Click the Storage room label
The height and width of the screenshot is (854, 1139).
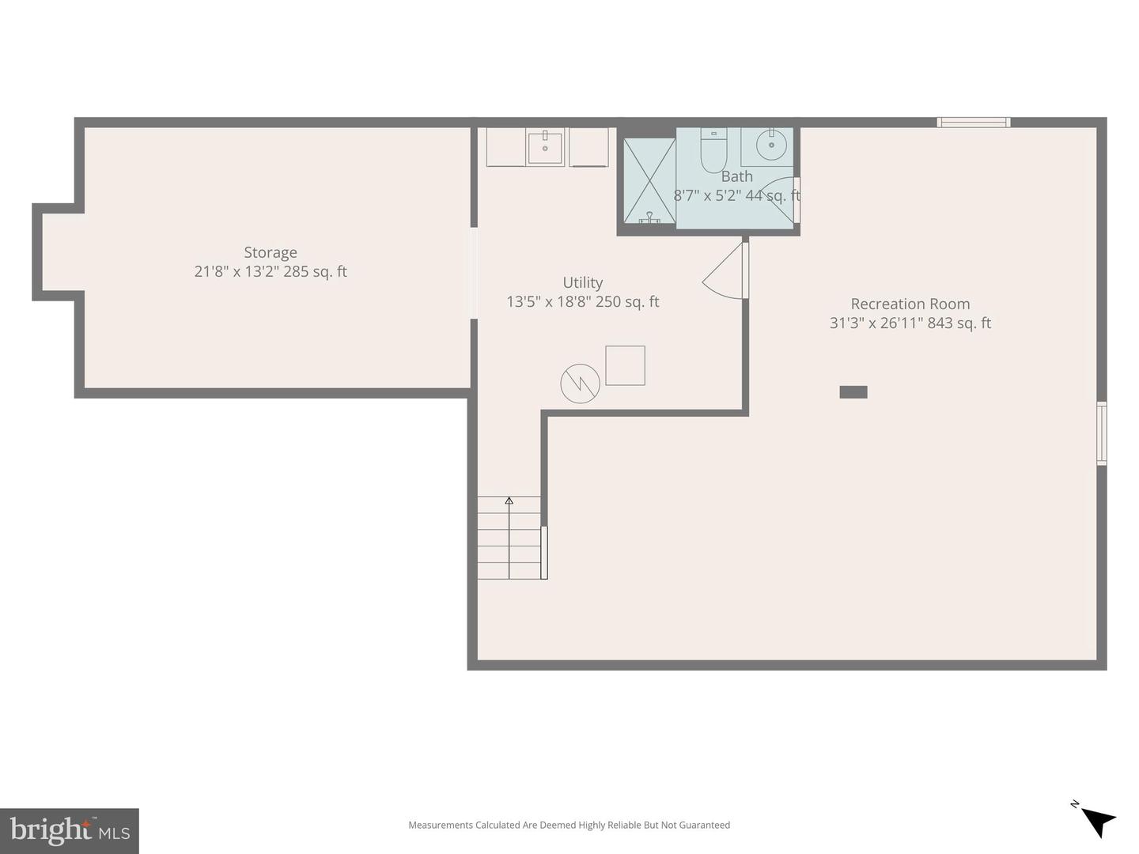pos(271,252)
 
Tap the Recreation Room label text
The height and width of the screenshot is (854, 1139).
pos(910,304)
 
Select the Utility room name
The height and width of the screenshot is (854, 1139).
pos(582,282)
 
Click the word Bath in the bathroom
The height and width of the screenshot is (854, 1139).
pos(736,176)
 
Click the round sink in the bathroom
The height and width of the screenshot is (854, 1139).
pos(770,145)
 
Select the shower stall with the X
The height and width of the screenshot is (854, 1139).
pos(649,181)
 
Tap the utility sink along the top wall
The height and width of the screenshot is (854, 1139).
pos(545,147)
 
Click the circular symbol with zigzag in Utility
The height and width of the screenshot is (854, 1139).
pos(580,384)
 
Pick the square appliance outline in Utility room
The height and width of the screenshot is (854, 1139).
pos(625,365)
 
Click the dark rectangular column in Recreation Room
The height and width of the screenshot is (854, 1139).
pos(853,391)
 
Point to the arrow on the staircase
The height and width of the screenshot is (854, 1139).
pos(509,501)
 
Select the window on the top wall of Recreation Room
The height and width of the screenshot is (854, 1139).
pos(973,122)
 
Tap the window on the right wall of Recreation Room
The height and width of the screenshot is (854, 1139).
pos(1101,433)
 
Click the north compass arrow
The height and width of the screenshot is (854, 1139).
pos(1096,820)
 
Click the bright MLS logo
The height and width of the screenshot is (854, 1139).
pos(70,830)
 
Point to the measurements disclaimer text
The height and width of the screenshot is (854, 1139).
pos(569,825)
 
